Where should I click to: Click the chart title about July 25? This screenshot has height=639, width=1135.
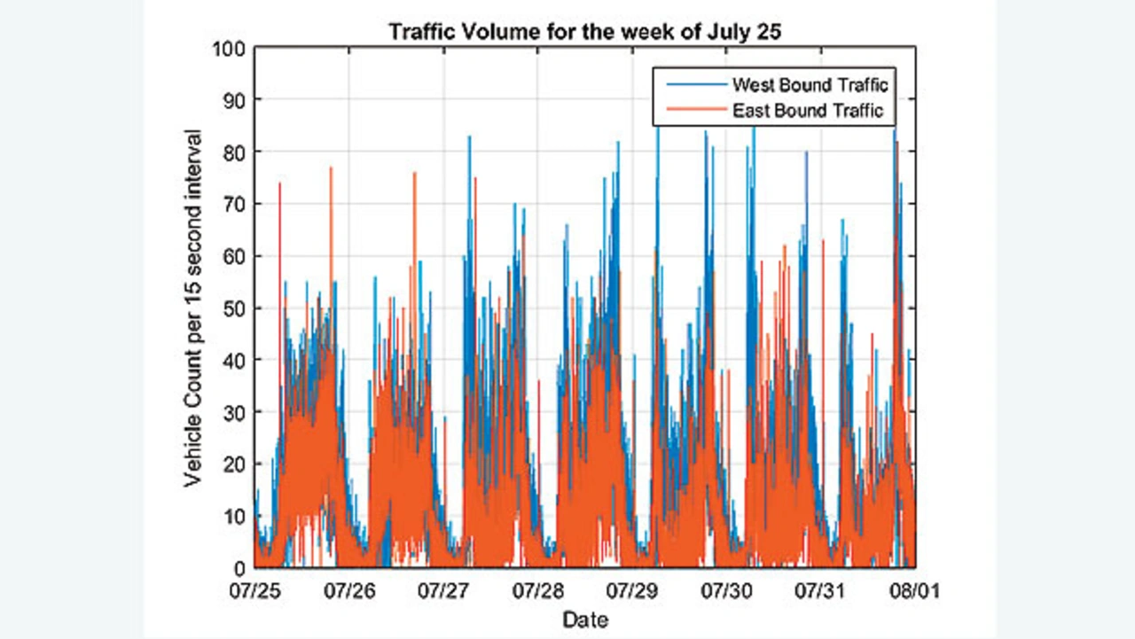584,33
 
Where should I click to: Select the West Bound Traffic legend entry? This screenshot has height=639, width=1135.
809,85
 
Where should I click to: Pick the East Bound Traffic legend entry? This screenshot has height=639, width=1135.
808,111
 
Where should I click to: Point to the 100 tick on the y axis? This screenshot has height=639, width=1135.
230,47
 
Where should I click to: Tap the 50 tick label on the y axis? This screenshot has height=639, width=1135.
234,308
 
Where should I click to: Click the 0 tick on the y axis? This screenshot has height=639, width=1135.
239,567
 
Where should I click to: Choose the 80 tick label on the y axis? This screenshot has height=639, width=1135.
234,152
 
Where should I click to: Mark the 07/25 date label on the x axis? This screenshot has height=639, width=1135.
254,589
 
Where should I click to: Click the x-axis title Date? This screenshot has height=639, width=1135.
585,618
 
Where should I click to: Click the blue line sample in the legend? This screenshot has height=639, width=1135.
690,85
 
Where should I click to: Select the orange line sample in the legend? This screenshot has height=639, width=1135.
690,111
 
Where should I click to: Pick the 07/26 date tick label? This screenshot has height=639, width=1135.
348,589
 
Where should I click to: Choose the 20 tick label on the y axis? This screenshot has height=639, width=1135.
234,464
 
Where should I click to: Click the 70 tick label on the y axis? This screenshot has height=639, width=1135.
234,204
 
